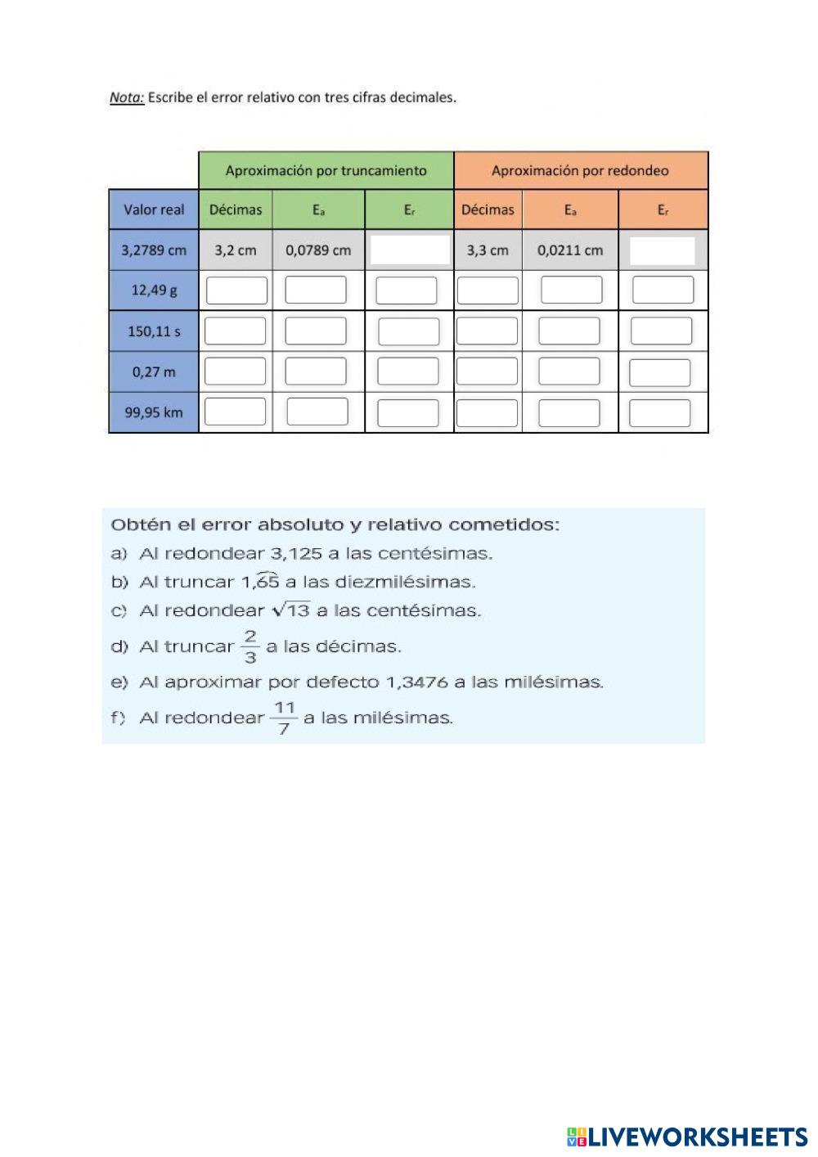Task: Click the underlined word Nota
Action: (127, 97)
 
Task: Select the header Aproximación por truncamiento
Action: (326, 171)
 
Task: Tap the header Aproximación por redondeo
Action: (580, 171)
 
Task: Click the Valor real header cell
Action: (154, 209)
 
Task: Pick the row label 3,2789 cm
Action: (154, 250)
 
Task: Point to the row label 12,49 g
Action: (154, 290)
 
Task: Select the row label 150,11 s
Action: (154, 331)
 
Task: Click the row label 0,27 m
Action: (154, 371)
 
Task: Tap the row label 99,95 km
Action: (154, 412)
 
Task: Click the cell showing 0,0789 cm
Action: (318, 250)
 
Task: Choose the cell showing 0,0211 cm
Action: (570, 250)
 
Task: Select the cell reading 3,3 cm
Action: (488, 250)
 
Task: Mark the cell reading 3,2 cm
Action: (236, 250)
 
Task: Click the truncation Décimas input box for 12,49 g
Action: (236, 290)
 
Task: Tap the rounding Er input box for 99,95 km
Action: (660, 413)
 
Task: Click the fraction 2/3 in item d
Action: (250, 646)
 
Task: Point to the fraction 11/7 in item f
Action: (284, 718)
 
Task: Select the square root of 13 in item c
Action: (291, 610)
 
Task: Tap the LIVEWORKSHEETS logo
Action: (686, 1137)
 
